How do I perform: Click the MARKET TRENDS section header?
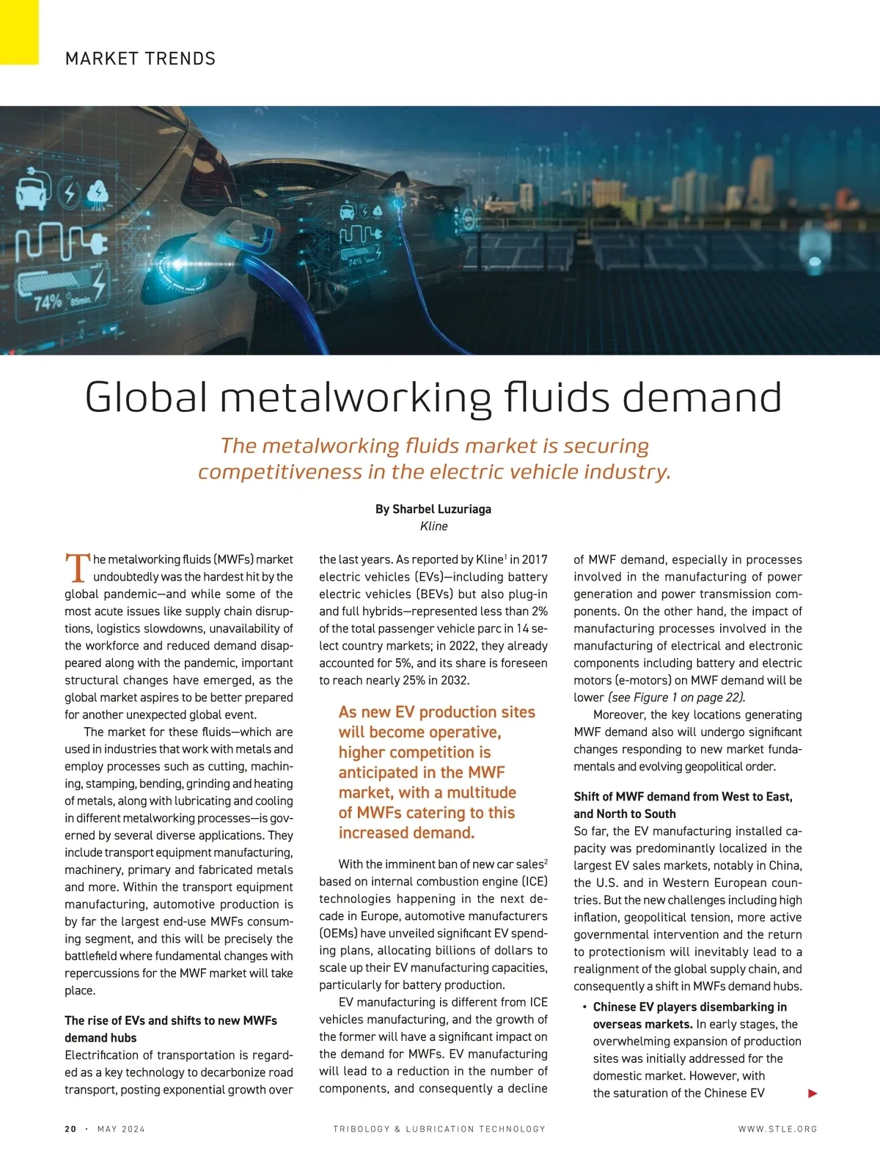click(x=140, y=59)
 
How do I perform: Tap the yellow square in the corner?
click(x=19, y=32)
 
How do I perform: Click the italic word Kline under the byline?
click(x=433, y=526)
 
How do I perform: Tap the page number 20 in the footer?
click(x=70, y=1129)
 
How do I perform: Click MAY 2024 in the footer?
click(x=121, y=1129)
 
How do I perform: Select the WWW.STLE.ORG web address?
click(x=777, y=1129)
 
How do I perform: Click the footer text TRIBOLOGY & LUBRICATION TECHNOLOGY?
click(x=439, y=1129)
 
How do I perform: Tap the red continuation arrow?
click(x=812, y=1094)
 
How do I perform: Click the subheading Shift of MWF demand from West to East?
click(x=683, y=797)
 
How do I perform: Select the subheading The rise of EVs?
click(x=170, y=1020)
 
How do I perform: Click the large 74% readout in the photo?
click(x=48, y=301)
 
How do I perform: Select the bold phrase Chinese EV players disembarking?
click(x=689, y=1007)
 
